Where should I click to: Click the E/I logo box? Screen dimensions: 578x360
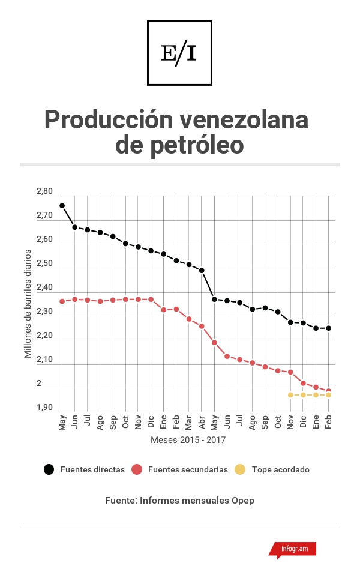point(179,53)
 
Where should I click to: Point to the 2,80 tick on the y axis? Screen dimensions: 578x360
point(44,191)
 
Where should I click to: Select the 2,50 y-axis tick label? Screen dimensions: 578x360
point(44,263)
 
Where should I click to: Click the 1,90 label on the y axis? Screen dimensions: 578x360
point(44,408)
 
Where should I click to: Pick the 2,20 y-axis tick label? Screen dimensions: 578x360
point(44,336)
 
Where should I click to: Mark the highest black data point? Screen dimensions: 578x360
point(62,206)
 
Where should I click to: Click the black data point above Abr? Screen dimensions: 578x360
point(202,271)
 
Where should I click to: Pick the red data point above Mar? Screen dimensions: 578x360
point(189,319)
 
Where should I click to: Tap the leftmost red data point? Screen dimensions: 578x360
point(62,301)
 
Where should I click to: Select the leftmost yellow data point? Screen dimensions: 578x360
point(290,395)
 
